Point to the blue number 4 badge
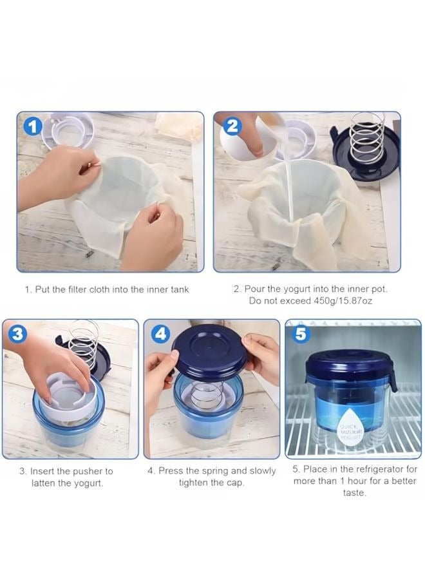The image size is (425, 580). coord(160,334)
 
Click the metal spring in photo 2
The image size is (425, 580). coord(366,137)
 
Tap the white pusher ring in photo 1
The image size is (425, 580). coord(68,131)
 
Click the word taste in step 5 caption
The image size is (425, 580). coord(354,493)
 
